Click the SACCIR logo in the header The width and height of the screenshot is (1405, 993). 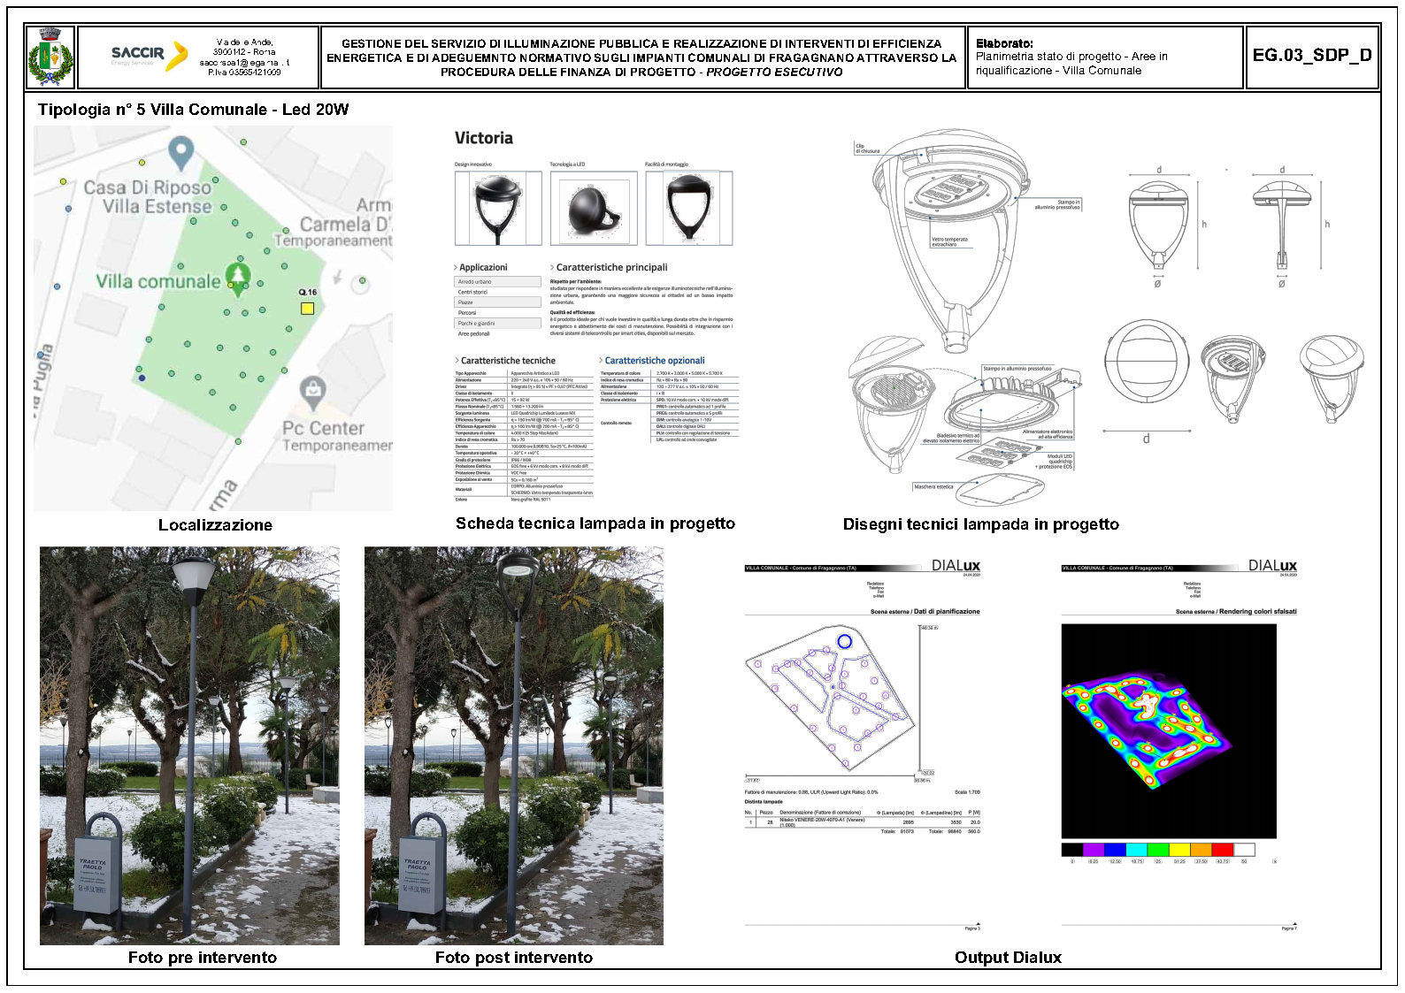[x=149, y=56]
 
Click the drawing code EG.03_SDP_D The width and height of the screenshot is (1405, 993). [x=1311, y=56]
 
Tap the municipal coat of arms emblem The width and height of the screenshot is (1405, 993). [x=50, y=57]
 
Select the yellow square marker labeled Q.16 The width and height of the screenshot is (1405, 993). [x=307, y=308]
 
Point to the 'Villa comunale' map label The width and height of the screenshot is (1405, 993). [x=158, y=281]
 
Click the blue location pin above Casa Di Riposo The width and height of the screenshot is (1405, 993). [x=181, y=152]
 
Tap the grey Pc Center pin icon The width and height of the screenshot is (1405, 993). [x=311, y=391]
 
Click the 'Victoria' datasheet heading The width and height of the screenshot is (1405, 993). [x=483, y=138]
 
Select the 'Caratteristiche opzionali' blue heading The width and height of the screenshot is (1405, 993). [x=655, y=361]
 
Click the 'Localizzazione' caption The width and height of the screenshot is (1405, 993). [x=215, y=525]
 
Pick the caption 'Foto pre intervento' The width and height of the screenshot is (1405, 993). [x=202, y=958]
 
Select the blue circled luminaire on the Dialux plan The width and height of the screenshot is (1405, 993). [x=844, y=641]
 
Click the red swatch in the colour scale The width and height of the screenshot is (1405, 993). [x=1222, y=850]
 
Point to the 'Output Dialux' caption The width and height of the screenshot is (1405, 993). [x=1008, y=958]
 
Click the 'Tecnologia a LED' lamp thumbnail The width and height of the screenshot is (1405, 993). [x=593, y=209]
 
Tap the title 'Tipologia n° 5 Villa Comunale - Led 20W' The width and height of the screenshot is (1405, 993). [x=193, y=110]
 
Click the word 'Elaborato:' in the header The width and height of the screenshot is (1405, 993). [x=1004, y=43]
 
